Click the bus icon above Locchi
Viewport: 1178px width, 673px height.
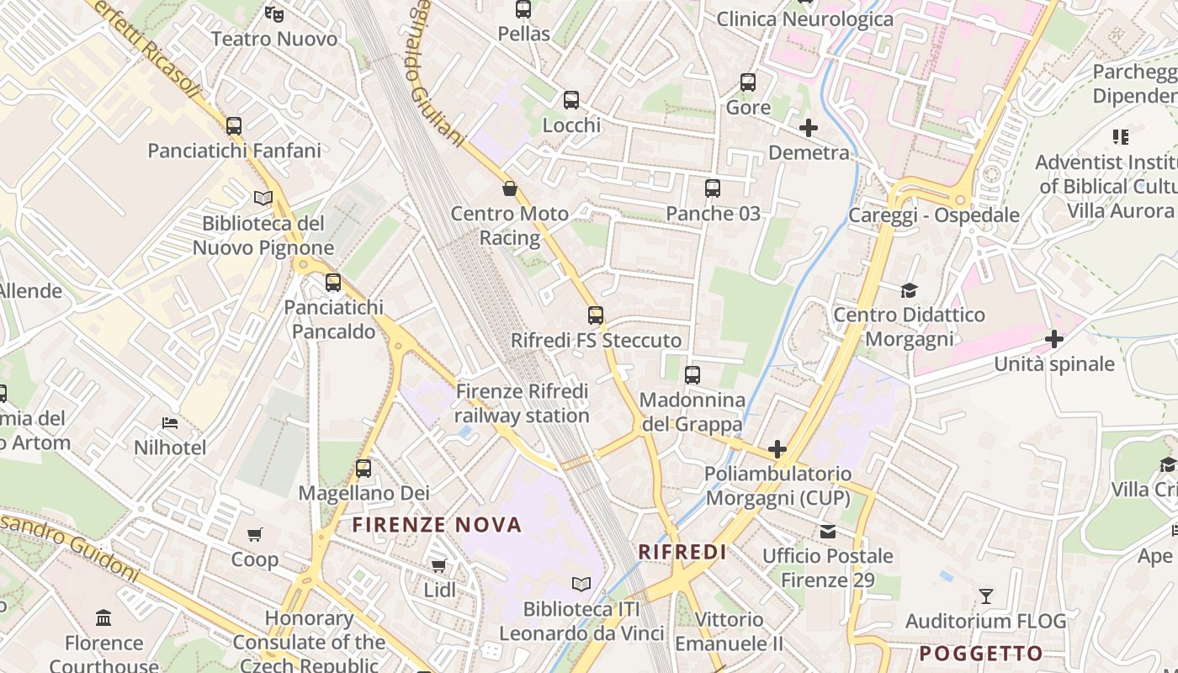pyautogui.click(x=571, y=100)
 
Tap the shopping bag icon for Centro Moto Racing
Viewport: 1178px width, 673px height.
pyautogui.click(x=509, y=188)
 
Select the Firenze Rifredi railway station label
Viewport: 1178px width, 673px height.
pyautogui.click(x=523, y=404)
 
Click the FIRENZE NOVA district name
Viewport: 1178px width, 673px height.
pyautogui.click(x=437, y=526)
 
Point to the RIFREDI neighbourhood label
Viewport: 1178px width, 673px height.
pyautogui.click(x=682, y=552)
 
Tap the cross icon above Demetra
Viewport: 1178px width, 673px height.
pyautogui.click(x=809, y=128)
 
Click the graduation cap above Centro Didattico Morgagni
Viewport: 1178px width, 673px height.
pyautogui.click(x=909, y=290)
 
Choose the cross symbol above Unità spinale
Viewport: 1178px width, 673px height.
pyautogui.click(x=1053, y=339)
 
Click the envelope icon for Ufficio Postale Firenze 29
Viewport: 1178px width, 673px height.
pyautogui.click(x=828, y=532)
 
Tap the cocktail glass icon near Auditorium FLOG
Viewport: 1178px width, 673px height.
pyautogui.click(x=986, y=596)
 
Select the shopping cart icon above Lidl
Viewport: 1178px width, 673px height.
pyautogui.click(x=438, y=565)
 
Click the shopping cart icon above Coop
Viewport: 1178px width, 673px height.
pyautogui.click(x=255, y=534)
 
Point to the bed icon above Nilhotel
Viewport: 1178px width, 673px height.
pyautogui.click(x=170, y=422)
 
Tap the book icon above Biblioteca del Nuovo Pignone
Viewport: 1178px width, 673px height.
pyautogui.click(x=263, y=199)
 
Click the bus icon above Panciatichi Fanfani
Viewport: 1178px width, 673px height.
pyautogui.click(x=234, y=126)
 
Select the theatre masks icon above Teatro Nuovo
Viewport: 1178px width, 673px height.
pyautogui.click(x=273, y=13)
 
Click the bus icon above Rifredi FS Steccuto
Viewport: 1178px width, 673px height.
pyautogui.click(x=596, y=315)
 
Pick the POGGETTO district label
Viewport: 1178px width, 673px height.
pyautogui.click(x=980, y=654)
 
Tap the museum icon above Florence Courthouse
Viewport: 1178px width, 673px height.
pyautogui.click(x=103, y=618)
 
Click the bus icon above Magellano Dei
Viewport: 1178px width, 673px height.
pyautogui.click(x=363, y=469)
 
